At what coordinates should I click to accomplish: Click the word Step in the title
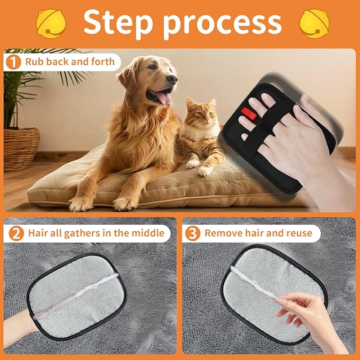click(118, 22)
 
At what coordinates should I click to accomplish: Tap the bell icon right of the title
click(314, 22)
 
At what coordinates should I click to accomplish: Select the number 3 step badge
click(192, 233)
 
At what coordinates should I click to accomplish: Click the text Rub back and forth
click(69, 62)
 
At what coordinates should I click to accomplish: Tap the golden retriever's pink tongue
click(164, 98)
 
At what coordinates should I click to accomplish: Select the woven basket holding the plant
click(21, 146)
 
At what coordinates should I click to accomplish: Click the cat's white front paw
click(204, 171)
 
